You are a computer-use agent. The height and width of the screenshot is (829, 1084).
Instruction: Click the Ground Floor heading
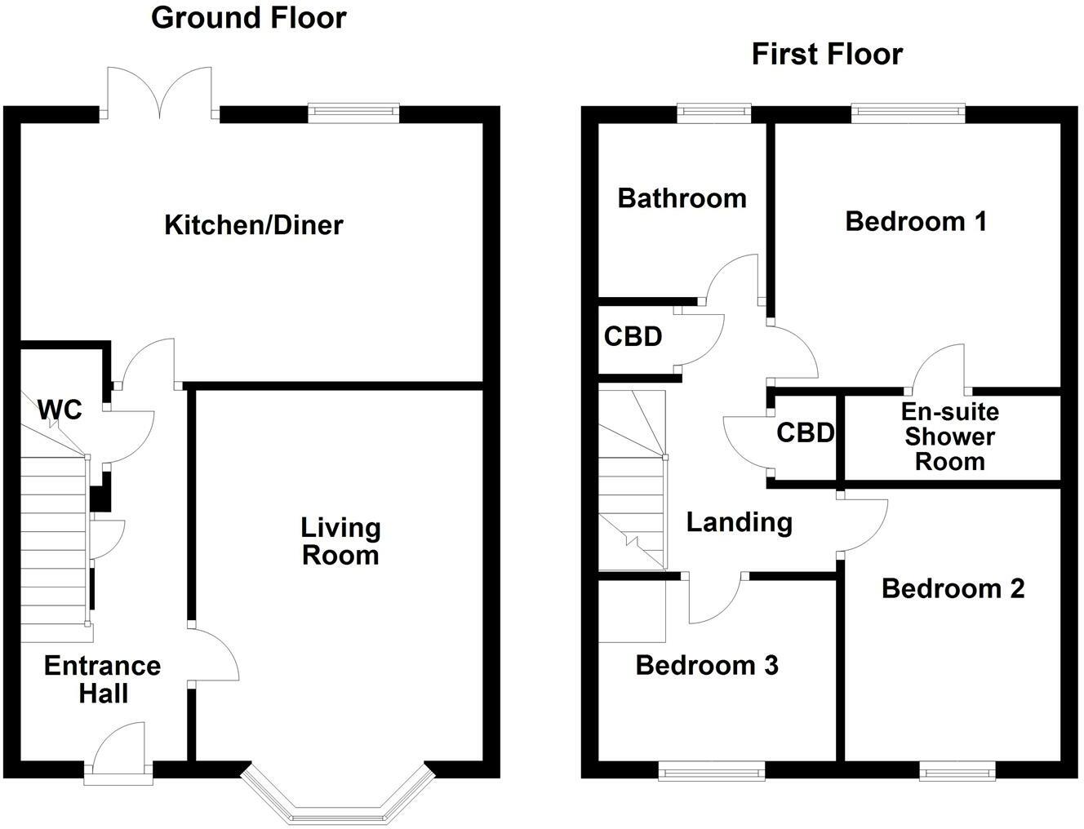[249, 18]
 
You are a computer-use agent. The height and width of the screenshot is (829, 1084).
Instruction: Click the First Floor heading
[827, 55]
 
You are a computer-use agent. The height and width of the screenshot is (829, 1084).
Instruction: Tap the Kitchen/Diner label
[254, 225]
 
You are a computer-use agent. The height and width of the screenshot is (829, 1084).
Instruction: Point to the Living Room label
[340, 541]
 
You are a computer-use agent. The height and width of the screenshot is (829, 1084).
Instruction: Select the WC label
[60, 410]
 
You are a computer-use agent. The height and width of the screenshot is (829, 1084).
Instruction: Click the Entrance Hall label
[103, 680]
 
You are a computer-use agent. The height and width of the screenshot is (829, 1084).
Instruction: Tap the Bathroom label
[682, 198]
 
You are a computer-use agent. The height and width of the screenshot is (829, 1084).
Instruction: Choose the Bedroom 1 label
[916, 221]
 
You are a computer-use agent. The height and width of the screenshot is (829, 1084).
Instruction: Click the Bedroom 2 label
[953, 588]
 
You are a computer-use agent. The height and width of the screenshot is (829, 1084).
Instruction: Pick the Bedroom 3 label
[707, 666]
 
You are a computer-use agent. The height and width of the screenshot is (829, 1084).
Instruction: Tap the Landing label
[739, 522]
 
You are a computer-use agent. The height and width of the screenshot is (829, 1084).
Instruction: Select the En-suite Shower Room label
[949, 437]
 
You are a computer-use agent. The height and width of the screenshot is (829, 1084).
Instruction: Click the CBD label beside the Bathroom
[633, 336]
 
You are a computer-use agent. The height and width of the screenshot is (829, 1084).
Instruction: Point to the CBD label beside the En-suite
[805, 432]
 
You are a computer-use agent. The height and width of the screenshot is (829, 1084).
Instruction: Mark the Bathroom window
[713, 113]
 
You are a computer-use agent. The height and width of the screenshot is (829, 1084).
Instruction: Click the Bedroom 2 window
[957, 769]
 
